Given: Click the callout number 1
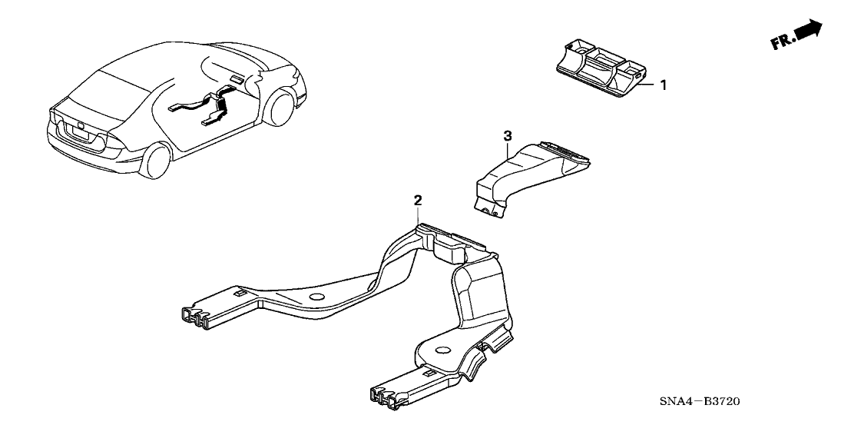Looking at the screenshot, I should [664, 85].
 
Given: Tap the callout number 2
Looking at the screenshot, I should [418, 201].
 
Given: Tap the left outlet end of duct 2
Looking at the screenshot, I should [191, 317].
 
